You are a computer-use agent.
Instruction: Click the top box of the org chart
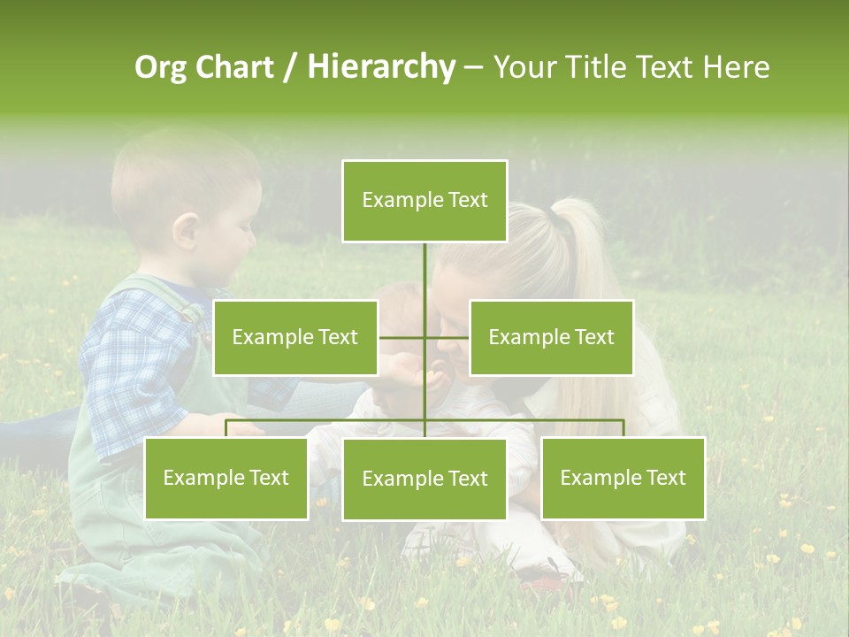point(424,201)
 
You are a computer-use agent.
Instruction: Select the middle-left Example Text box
point(295,337)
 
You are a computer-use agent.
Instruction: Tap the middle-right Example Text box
point(551,337)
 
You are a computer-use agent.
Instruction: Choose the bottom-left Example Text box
point(226,478)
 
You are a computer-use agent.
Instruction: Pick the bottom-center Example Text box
point(424,479)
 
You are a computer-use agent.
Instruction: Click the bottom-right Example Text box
point(623,478)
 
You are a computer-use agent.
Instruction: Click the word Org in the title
point(159,67)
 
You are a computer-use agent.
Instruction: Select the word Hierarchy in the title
point(381,67)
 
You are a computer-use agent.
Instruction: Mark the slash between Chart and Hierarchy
point(290,67)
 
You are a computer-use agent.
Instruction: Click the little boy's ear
point(187,232)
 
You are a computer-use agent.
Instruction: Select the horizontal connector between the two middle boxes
point(424,337)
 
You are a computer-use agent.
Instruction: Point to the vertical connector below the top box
point(424,270)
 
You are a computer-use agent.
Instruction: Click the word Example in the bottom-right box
point(594,478)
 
